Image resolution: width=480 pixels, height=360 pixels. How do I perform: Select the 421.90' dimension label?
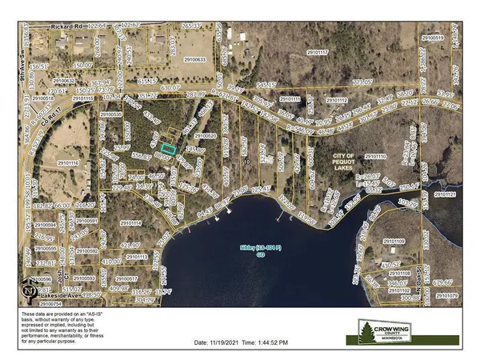pyautogui.click(x=130, y=246)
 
